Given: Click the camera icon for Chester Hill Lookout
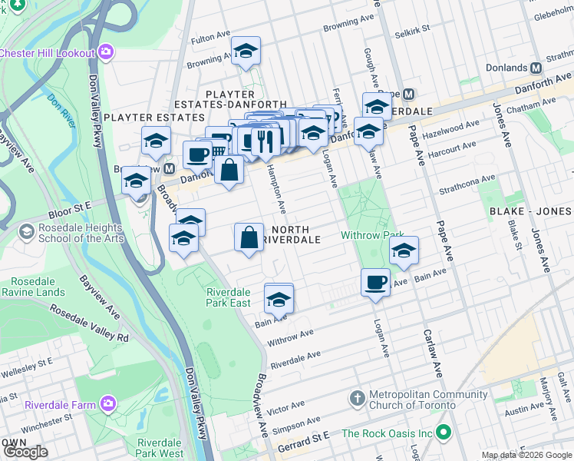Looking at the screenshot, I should (106, 53).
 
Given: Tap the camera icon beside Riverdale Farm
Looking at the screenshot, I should (108, 404).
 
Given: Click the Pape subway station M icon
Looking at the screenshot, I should (408, 94).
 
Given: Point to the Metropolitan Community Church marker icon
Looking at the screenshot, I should (356, 400).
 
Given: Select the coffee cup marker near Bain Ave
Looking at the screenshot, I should (374, 283).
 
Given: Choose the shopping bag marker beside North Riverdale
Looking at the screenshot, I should (250, 238).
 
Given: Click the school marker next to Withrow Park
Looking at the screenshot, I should (404, 250).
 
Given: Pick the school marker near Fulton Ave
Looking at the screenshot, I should (246, 51).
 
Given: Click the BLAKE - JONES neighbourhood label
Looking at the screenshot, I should (530, 211).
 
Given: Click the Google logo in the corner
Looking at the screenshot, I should (25, 452).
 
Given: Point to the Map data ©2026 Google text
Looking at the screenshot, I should (526, 455).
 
